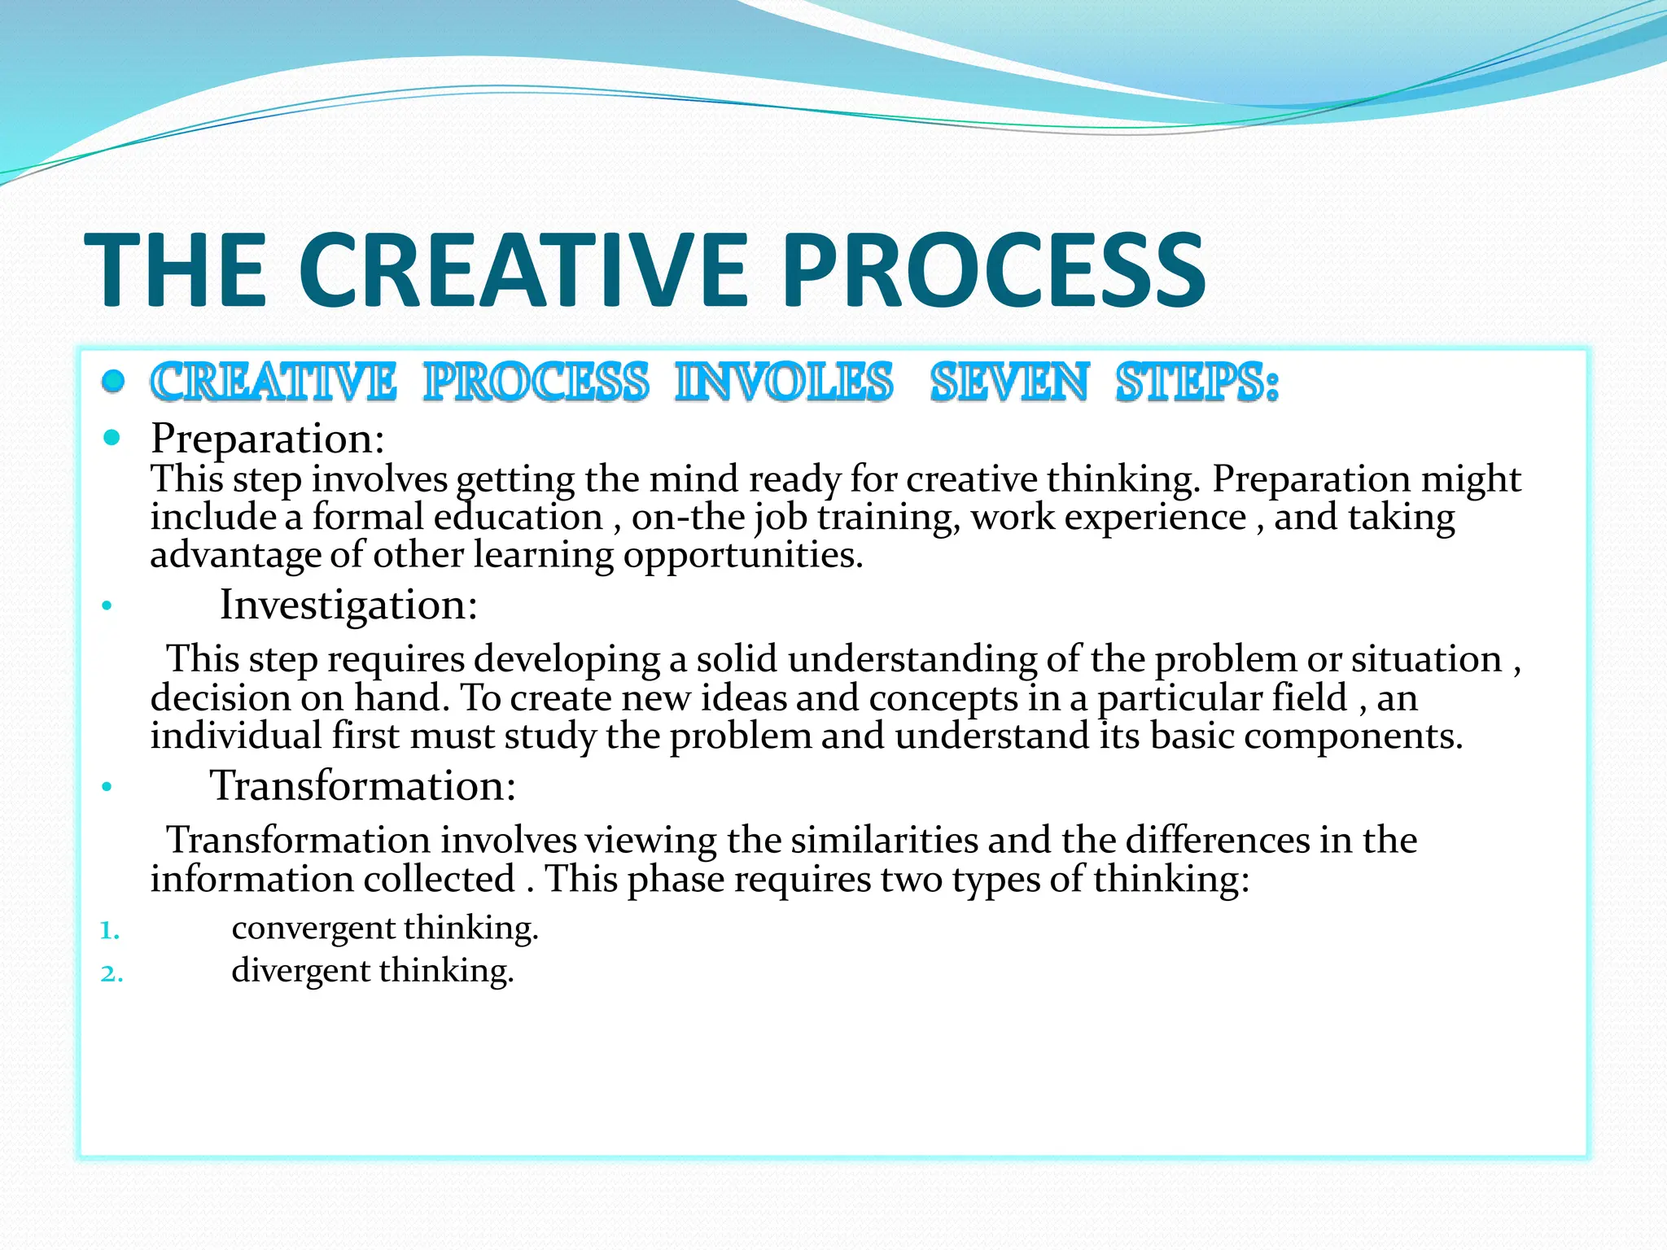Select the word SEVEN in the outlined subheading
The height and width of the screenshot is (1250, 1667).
(x=1009, y=382)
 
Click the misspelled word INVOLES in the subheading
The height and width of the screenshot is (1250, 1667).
(x=784, y=382)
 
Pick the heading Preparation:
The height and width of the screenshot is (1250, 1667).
(x=267, y=439)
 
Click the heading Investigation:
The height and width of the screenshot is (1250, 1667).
(x=348, y=605)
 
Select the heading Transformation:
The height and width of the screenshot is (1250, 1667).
(x=363, y=786)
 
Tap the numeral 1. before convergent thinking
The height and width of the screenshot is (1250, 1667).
(x=110, y=930)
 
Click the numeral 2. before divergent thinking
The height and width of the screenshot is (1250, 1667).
(x=112, y=973)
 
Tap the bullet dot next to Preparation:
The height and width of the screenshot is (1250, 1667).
(x=112, y=439)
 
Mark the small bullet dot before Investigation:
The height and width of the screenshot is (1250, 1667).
(x=106, y=606)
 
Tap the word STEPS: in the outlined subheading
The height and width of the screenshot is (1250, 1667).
(x=1197, y=382)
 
